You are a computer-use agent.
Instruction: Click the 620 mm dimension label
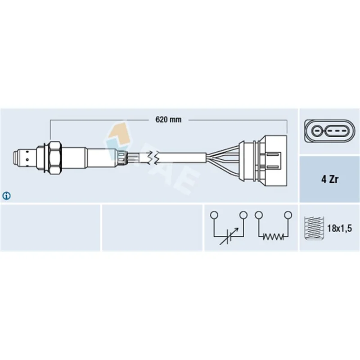point(168,120)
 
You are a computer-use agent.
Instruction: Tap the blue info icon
point(6,196)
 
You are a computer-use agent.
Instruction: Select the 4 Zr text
point(330,179)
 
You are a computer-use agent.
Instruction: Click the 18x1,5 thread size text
point(339,228)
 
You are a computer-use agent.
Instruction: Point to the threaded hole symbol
point(314,228)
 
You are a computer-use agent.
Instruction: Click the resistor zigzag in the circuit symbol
point(273,236)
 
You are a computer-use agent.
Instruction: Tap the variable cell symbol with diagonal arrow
point(229,237)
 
